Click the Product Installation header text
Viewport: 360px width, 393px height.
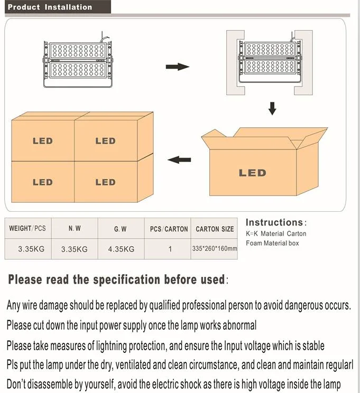50,7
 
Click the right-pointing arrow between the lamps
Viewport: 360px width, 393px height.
177,67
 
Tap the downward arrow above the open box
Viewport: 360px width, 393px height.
272,108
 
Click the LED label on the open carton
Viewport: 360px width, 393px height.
252,173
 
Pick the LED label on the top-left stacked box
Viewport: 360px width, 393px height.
43,141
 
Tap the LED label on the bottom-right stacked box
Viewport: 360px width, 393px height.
105,182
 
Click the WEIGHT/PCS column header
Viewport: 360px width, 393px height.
27,229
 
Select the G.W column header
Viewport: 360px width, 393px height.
121,229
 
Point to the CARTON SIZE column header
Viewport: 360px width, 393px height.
214,229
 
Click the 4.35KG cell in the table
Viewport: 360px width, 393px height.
121,249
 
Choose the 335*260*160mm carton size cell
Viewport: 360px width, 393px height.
214,248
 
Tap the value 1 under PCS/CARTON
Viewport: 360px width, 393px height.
170,249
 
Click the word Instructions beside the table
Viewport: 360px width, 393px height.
273,222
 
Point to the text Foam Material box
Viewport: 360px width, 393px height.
272,244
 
